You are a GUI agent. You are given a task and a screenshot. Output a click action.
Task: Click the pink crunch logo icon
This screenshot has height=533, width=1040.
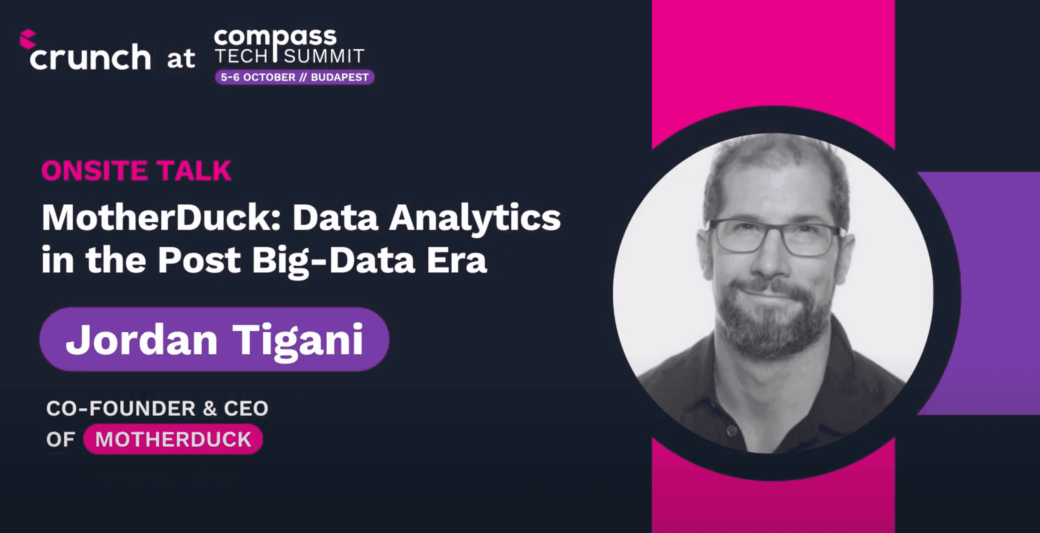(28, 39)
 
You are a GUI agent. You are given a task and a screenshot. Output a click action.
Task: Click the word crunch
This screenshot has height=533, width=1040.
(90, 57)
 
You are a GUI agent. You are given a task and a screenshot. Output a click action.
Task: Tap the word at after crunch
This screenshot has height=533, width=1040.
(181, 58)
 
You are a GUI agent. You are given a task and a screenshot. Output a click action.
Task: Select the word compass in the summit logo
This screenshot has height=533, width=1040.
(275, 38)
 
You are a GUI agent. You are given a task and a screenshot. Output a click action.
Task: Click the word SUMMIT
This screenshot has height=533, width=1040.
(324, 56)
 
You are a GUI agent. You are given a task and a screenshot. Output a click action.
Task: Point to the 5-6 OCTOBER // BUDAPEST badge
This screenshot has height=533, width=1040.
(294, 77)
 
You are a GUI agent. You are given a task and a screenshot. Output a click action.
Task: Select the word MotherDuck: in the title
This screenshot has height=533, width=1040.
(162, 218)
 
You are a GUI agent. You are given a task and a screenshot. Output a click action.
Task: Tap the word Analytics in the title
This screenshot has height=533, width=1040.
(474, 218)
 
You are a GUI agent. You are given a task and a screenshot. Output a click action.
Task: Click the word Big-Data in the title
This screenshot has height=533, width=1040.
(333, 261)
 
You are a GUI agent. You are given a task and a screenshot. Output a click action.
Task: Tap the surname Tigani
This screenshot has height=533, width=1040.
(297, 341)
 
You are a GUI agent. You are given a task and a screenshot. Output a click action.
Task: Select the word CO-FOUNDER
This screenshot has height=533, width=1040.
(121, 409)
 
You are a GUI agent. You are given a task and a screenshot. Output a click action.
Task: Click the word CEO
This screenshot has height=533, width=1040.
(246, 409)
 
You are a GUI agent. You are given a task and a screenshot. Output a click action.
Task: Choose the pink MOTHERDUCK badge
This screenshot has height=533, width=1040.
(173, 439)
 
